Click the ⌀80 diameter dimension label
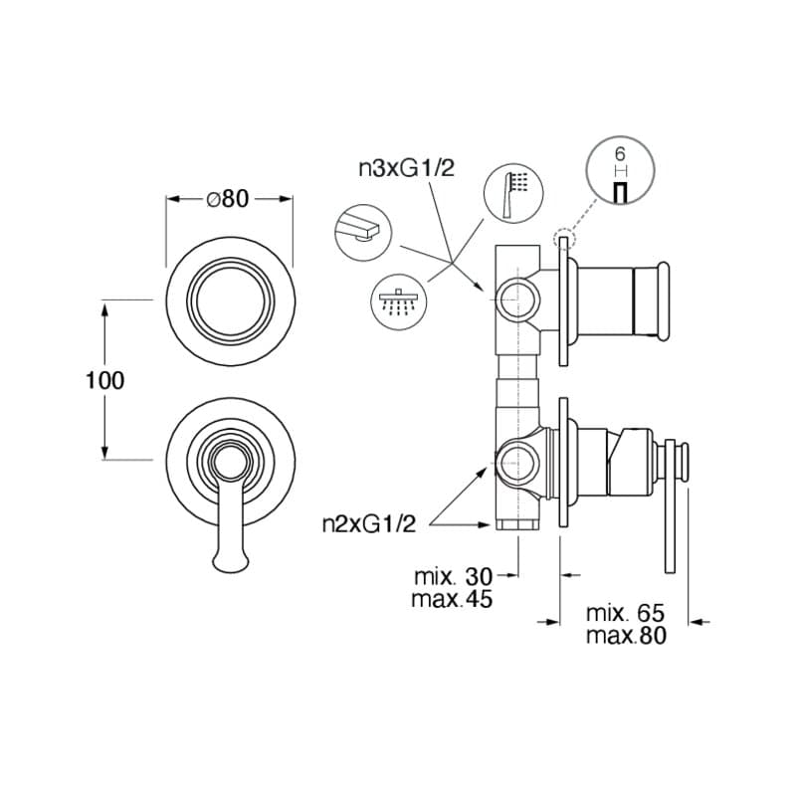(x=228, y=199)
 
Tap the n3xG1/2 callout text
(x=406, y=169)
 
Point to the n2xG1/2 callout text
(x=368, y=524)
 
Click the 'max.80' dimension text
(x=624, y=637)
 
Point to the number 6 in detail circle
(x=619, y=154)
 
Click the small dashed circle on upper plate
(x=563, y=238)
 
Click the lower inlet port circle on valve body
(x=515, y=461)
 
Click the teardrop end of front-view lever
(x=229, y=559)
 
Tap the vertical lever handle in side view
(x=672, y=507)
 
